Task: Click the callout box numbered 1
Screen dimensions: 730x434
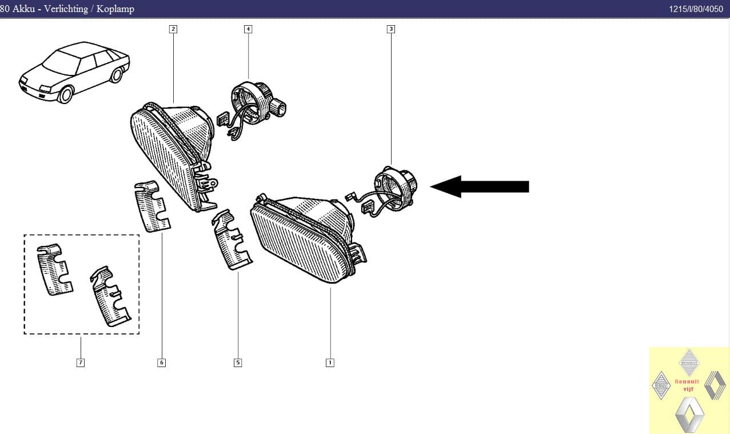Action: (330, 363)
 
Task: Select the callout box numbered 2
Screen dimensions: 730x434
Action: (173, 29)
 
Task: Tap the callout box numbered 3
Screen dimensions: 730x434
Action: (391, 29)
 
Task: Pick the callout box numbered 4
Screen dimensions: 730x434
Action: (248, 29)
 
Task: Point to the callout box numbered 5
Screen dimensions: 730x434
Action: (238, 363)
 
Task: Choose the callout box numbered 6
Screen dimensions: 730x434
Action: (161, 363)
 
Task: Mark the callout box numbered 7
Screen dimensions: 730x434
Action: (81, 363)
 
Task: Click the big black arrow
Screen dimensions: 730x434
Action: (480, 186)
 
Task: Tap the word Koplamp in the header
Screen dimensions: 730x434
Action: (115, 9)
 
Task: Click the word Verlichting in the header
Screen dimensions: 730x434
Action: (66, 9)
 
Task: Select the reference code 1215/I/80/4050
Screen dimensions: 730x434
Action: (696, 9)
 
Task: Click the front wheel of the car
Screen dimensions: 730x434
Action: (66, 94)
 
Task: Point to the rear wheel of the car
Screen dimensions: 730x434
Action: (117, 75)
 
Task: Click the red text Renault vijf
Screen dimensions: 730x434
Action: (687, 385)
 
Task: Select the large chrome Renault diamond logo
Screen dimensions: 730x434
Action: (689, 415)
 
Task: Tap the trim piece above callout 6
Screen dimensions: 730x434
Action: (152, 206)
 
